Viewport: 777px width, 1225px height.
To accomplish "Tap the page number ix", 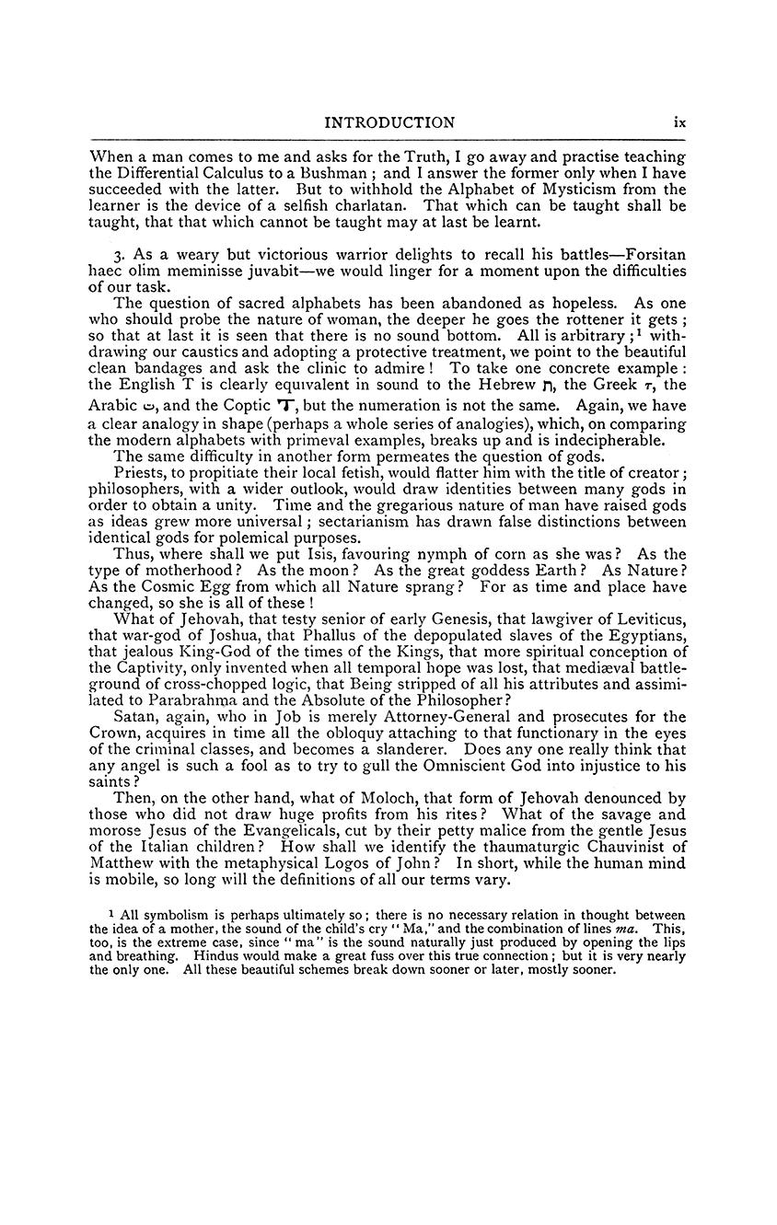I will pos(679,122).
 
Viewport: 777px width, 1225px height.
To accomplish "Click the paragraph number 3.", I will pos(118,253).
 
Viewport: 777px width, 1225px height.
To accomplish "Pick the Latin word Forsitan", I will pos(655,253).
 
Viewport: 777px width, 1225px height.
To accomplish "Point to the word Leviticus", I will pos(647,618).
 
